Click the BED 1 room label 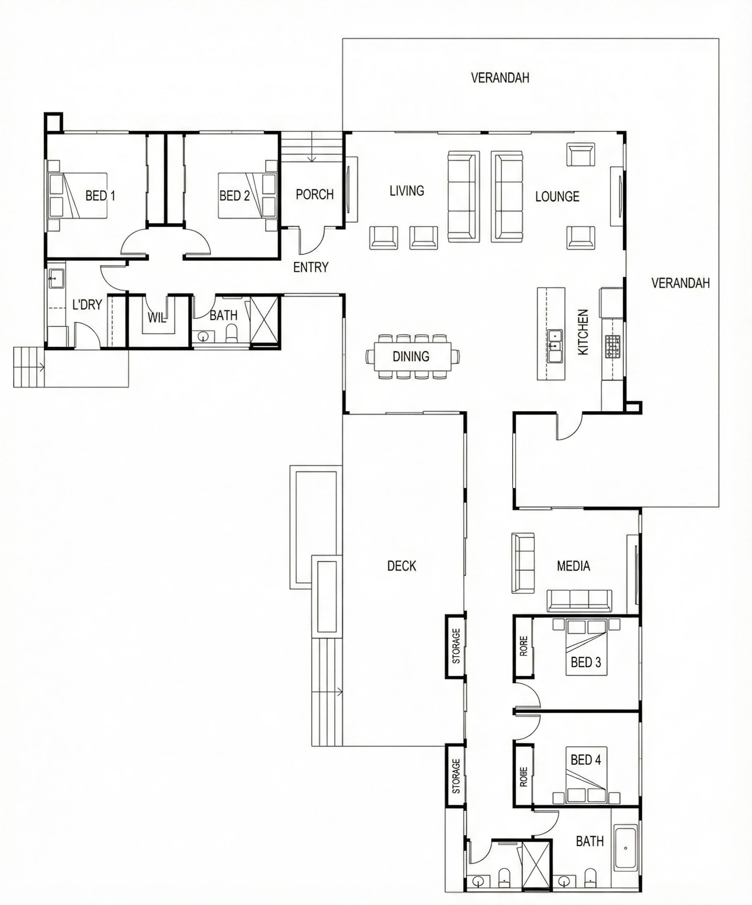click(100, 196)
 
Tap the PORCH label click(315, 194)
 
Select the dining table click(411, 356)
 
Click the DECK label click(402, 566)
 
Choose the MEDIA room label click(573, 566)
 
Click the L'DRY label click(87, 305)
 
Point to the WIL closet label click(156, 318)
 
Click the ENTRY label click(310, 267)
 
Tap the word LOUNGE click(557, 197)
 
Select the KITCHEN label click(583, 332)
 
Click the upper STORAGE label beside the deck click(456, 646)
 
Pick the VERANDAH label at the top click(500, 78)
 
